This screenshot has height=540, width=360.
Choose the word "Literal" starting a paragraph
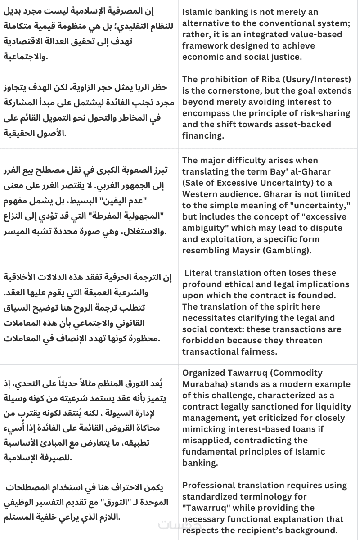199,273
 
